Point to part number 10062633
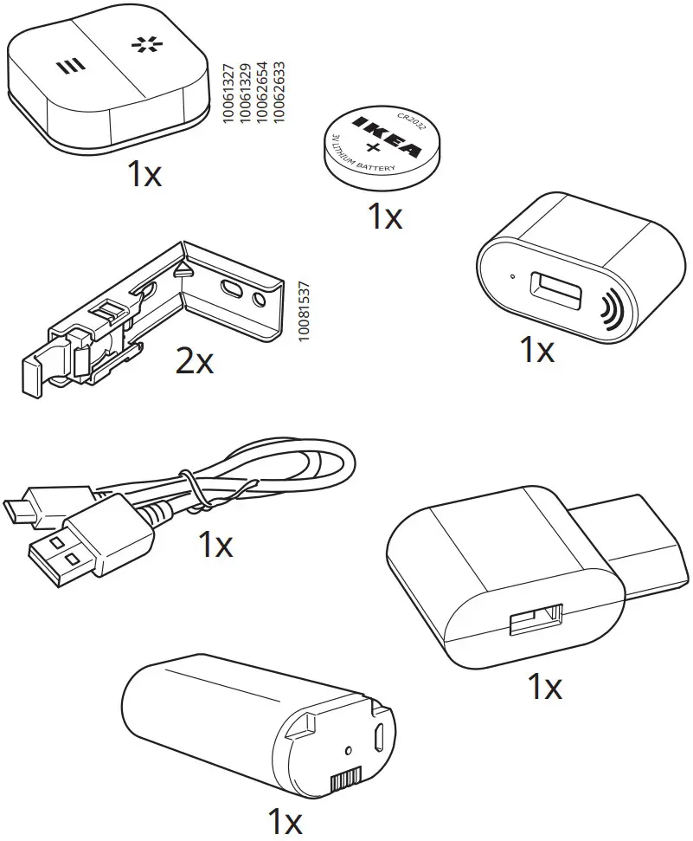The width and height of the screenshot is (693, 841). [x=279, y=92]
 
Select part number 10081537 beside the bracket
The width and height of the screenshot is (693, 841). [x=302, y=314]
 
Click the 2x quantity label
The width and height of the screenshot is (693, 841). [x=194, y=361]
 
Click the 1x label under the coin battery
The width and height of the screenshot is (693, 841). [x=385, y=217]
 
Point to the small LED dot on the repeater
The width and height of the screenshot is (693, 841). [x=513, y=277]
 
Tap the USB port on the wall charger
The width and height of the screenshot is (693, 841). [x=536, y=620]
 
